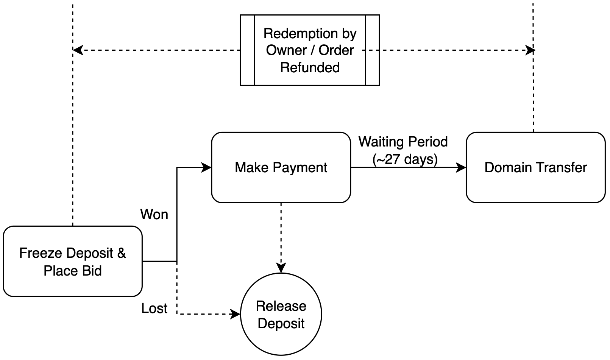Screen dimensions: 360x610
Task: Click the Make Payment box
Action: click(281, 167)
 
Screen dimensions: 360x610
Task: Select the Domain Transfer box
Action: click(535, 167)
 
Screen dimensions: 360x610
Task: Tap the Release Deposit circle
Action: click(281, 315)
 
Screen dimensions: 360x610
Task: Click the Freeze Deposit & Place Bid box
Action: click(72, 261)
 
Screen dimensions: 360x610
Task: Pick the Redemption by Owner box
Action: click(310, 50)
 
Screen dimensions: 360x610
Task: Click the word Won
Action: click(154, 215)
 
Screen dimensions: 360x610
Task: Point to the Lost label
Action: click(154, 309)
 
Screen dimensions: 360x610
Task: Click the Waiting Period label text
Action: click(403, 142)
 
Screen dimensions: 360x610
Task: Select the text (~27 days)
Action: click(405, 159)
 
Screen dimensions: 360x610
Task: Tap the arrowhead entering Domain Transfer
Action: click(462, 167)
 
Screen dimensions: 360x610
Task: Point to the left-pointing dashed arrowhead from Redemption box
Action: click(78, 50)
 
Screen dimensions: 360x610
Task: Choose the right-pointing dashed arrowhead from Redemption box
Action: click(530, 50)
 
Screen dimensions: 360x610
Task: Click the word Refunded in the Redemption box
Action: click(310, 67)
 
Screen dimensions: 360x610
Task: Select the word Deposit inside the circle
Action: click(281, 324)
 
